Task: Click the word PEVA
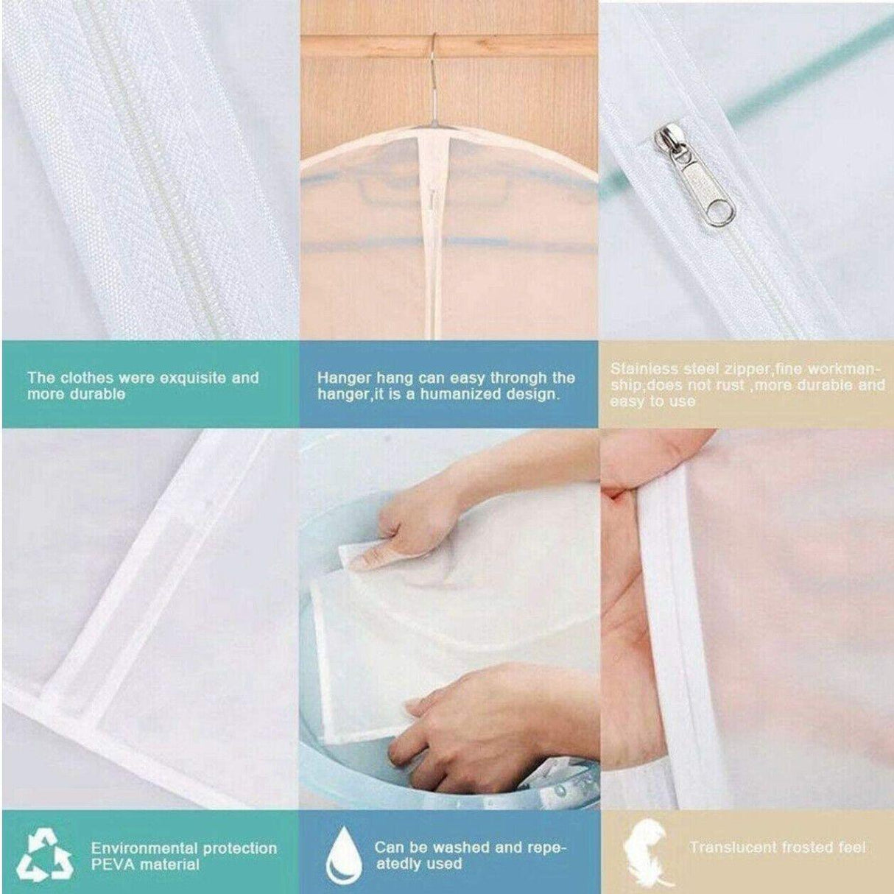[x=112, y=864]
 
